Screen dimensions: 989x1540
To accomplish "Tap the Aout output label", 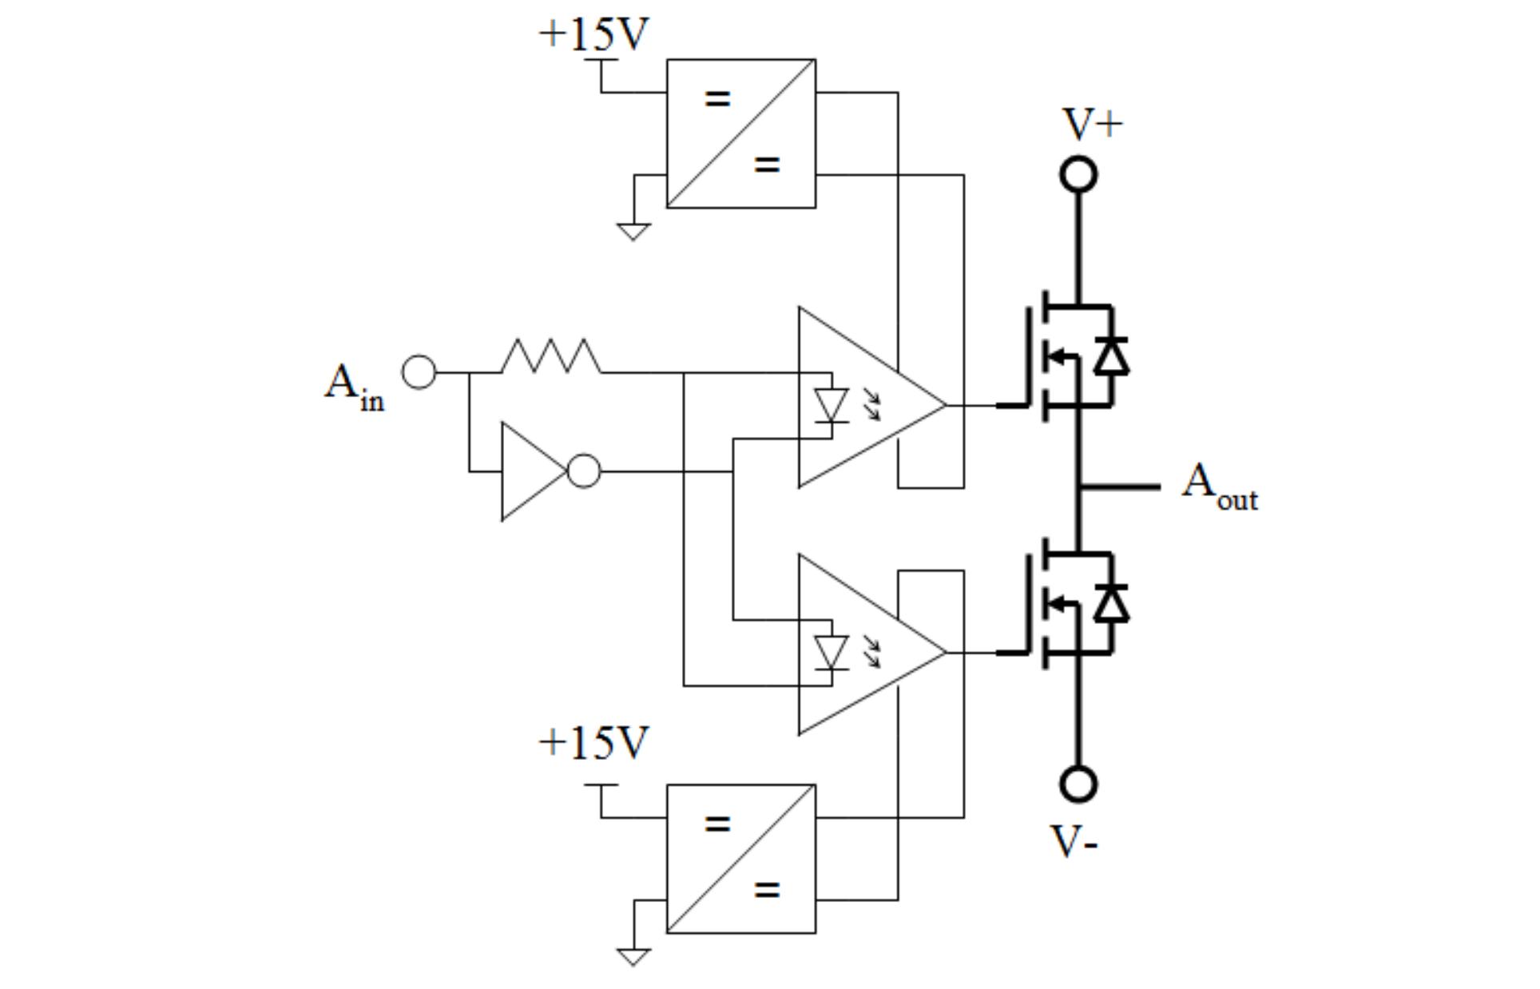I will [x=1218, y=487].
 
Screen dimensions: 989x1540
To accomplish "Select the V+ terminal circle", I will [x=1078, y=175].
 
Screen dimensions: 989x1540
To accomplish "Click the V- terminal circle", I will [x=1078, y=784].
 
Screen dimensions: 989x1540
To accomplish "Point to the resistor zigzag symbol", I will [x=551, y=357].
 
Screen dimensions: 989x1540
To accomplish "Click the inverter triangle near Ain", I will [x=530, y=471].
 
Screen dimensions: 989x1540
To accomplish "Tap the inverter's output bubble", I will [x=584, y=471].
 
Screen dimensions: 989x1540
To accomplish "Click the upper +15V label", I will [x=593, y=34].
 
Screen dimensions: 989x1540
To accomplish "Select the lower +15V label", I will [x=593, y=742].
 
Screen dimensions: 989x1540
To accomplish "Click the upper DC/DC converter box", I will [x=740, y=133].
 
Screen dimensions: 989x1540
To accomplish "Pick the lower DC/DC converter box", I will [x=740, y=859].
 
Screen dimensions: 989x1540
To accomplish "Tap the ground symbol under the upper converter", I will [x=633, y=232].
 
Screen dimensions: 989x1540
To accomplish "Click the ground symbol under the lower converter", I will [x=633, y=956].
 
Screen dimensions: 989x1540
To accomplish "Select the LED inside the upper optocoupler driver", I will [x=831, y=405].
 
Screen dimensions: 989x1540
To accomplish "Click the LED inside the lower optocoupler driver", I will [x=831, y=652].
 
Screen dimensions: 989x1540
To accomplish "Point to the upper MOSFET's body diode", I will [x=1111, y=356].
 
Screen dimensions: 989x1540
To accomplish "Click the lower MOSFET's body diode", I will [x=1111, y=603].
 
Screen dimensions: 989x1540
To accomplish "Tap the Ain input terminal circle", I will [x=419, y=372].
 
